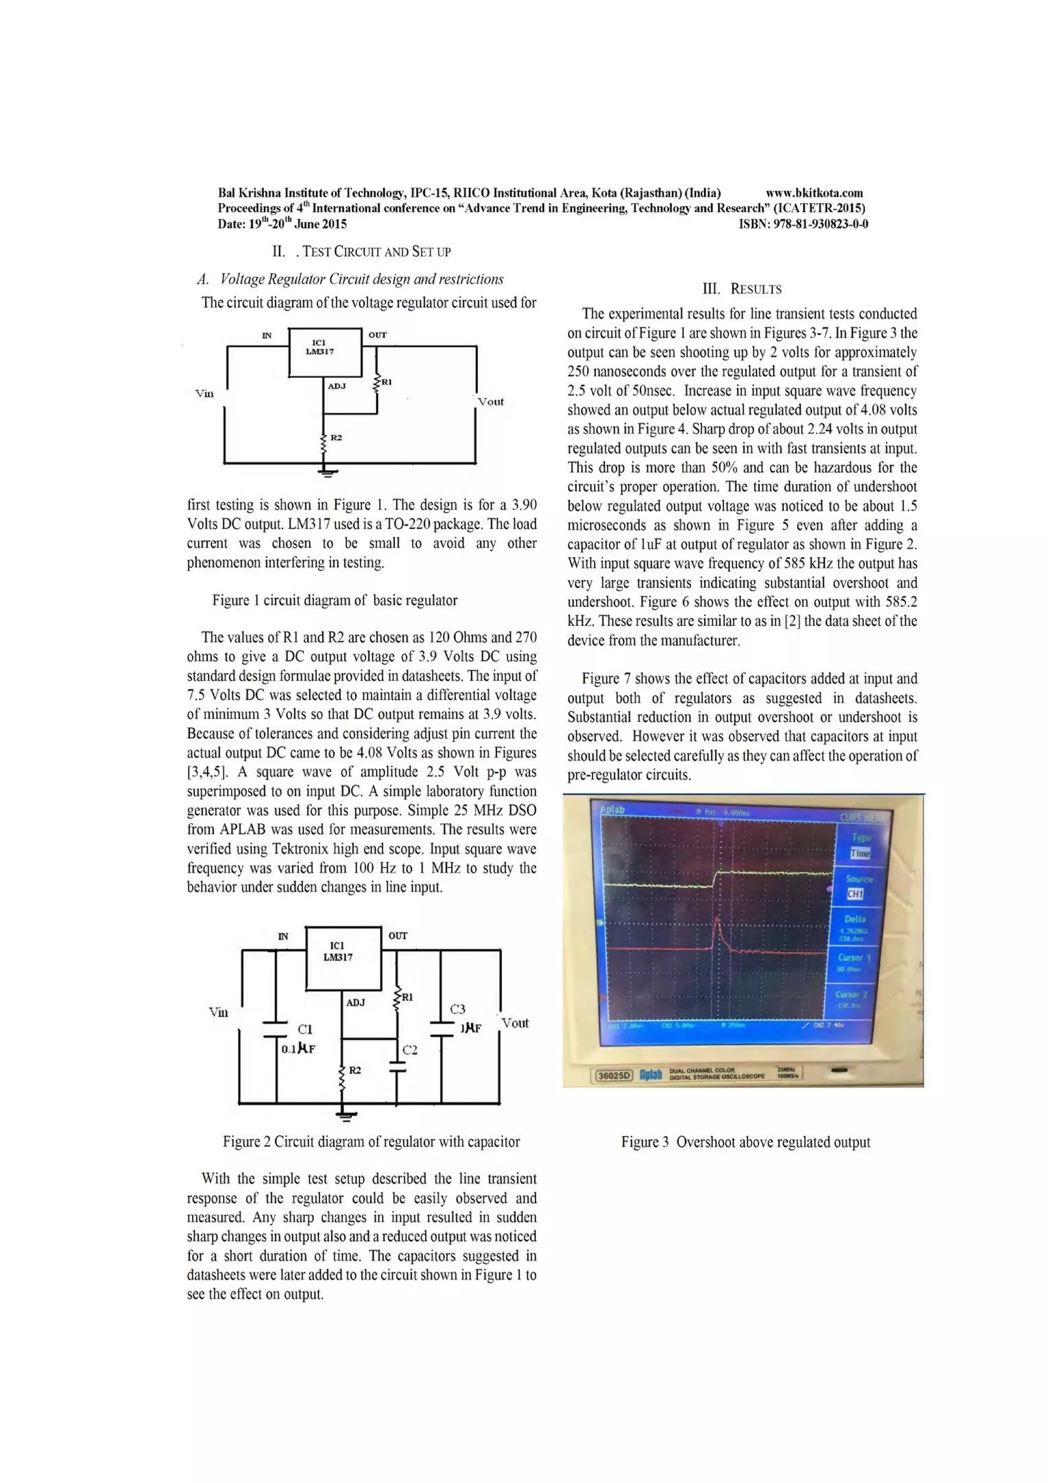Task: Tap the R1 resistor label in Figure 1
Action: tap(387, 382)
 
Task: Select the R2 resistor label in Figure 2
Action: tap(355, 1070)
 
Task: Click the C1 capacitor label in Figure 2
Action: tap(305, 1029)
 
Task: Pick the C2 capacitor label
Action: tap(410, 1050)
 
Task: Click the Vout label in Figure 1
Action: tap(491, 402)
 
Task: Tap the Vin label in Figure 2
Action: tap(219, 1012)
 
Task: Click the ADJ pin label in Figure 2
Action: tap(356, 1002)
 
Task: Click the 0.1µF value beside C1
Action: tap(298, 1049)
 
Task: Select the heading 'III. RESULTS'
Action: tap(742, 289)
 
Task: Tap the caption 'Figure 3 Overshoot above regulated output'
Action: tap(745, 1142)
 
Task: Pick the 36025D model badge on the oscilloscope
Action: tap(613, 1076)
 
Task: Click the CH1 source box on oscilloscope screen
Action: tap(855, 894)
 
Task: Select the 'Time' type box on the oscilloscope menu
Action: tap(860, 853)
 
